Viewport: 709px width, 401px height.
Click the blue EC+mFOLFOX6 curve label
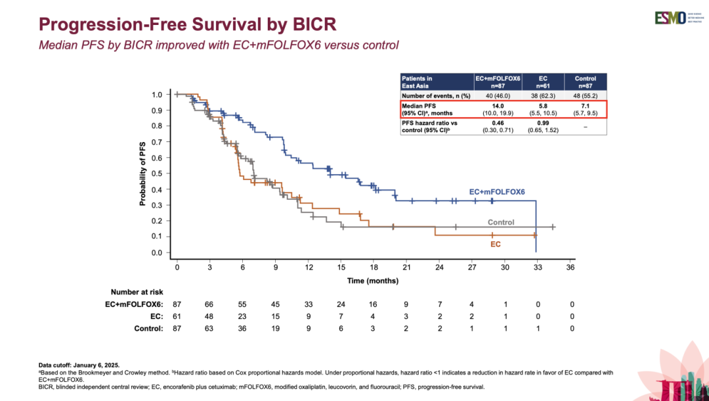point(497,192)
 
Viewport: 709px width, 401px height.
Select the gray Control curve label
point(501,222)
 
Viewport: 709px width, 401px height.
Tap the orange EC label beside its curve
point(496,244)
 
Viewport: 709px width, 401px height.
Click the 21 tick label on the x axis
point(406,267)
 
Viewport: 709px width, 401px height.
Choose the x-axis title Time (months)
point(373,281)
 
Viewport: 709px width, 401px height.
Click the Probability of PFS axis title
point(143,173)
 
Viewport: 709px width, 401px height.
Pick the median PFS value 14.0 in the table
point(498,106)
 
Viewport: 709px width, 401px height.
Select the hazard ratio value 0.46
point(498,123)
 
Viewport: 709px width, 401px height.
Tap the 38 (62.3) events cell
point(543,96)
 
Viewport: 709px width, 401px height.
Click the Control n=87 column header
point(586,82)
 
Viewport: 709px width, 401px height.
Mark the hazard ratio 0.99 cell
point(543,123)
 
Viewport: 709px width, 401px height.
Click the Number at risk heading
point(137,292)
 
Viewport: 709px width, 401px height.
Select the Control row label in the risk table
point(148,329)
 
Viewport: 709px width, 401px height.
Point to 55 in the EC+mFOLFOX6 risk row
point(242,304)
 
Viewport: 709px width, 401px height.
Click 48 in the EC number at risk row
point(209,316)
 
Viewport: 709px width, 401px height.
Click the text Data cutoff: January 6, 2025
point(79,366)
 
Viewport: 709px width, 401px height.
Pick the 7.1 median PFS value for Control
point(586,106)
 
